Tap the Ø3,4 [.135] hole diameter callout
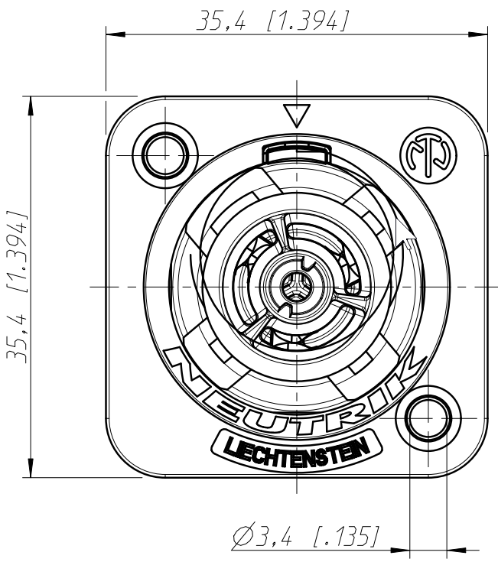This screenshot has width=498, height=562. coord(306,534)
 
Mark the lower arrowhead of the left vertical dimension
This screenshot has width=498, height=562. coord(31,467)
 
